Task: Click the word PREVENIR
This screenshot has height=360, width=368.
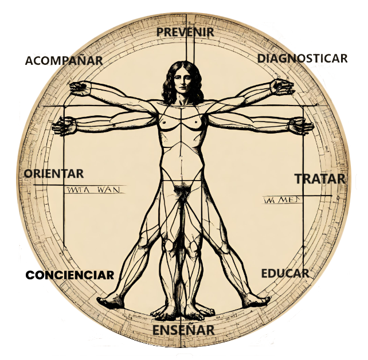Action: coord(185,32)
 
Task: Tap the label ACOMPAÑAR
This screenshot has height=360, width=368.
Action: coord(64,60)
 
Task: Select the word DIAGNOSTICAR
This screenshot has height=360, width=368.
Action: coord(302,58)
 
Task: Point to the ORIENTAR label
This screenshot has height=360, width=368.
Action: coord(54,173)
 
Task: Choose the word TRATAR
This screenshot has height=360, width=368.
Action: coord(320,179)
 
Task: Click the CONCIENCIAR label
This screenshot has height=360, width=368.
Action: coord(71,275)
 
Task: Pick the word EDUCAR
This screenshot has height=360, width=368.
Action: coord(285,273)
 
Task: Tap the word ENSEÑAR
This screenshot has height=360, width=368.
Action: coord(183,330)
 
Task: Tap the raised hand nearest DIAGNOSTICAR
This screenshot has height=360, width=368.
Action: coord(282,86)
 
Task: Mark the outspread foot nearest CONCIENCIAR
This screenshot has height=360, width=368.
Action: coord(109,300)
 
